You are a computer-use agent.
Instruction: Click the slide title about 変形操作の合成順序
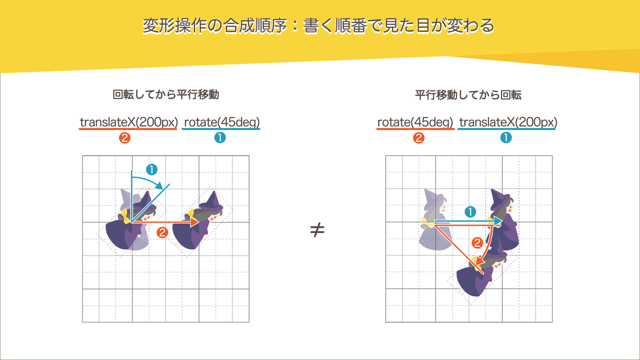(318, 26)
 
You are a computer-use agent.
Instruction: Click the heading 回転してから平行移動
(166, 94)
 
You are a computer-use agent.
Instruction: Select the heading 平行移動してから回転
(468, 94)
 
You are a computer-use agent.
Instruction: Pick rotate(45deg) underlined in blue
(221, 122)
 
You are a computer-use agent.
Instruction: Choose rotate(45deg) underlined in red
(415, 122)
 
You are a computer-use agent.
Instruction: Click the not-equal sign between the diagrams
(317, 230)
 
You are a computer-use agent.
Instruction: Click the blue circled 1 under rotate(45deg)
(220, 138)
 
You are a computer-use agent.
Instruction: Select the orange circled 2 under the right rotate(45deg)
(418, 138)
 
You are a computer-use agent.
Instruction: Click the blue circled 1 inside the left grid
(152, 169)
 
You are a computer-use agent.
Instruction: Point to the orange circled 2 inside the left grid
(162, 232)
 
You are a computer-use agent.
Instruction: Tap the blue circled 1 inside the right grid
(470, 212)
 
